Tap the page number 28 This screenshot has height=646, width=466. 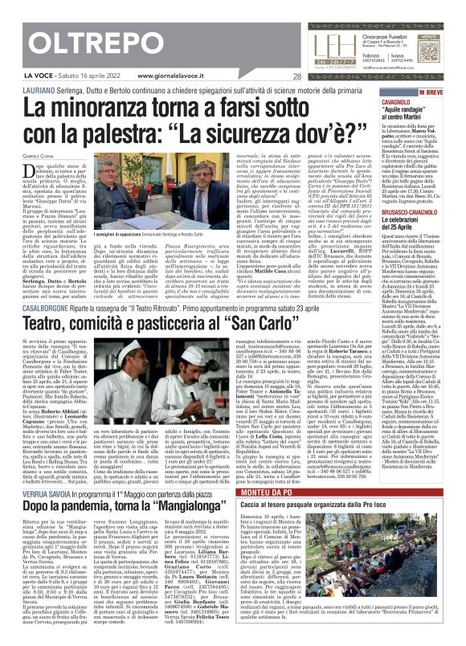297,77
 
